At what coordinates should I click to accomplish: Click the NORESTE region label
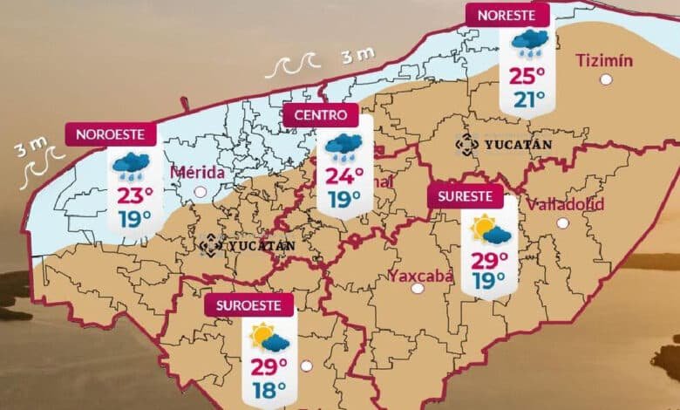click(x=507, y=15)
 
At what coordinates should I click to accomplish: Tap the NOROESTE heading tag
click(x=111, y=134)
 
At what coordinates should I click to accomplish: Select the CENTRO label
click(x=320, y=115)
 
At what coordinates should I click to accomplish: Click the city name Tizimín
click(x=604, y=60)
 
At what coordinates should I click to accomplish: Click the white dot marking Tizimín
click(x=606, y=79)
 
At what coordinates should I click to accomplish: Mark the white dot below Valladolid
click(x=562, y=223)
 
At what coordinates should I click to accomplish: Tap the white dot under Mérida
click(x=201, y=191)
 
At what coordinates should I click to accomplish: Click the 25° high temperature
click(x=528, y=75)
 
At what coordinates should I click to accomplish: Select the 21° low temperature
click(x=528, y=99)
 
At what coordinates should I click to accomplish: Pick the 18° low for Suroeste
click(x=269, y=390)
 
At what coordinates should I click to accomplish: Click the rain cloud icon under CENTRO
click(x=343, y=147)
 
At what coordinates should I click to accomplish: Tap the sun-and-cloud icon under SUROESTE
click(x=269, y=338)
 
